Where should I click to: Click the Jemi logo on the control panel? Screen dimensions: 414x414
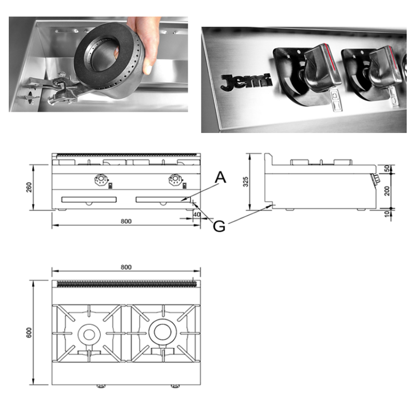(246, 82)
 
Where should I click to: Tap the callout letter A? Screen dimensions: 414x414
(220, 177)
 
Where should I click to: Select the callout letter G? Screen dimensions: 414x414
(219, 226)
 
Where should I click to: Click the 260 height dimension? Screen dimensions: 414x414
(29, 187)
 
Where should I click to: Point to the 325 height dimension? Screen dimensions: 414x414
(245, 182)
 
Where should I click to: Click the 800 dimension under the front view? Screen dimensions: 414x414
(126, 221)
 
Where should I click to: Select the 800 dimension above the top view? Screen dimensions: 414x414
(126, 267)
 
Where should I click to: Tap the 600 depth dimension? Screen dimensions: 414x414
(29, 332)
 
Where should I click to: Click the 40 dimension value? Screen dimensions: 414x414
(197, 214)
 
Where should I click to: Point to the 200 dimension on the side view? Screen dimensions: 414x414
(387, 191)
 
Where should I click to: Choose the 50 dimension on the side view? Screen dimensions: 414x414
(387, 169)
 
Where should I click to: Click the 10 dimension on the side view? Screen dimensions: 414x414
(387, 214)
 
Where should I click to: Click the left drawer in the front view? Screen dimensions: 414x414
(89, 200)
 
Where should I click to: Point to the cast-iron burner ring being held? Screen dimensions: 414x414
(109, 60)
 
